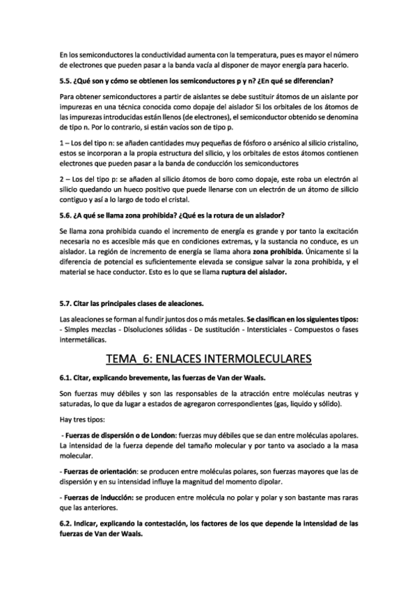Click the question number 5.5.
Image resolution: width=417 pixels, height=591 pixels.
coord(67,81)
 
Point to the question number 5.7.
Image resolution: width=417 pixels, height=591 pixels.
coord(67,304)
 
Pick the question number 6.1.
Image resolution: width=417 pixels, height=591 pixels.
coord(67,377)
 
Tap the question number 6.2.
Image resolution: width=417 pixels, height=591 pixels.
coord(67,522)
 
